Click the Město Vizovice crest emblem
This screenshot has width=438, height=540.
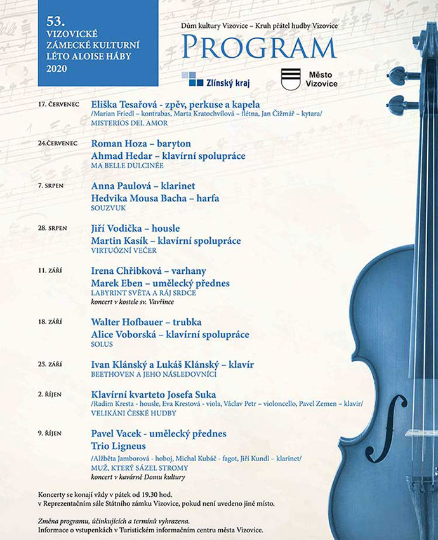pyautogui.click(x=291, y=79)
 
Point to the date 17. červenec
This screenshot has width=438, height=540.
pyautogui.click(x=58, y=104)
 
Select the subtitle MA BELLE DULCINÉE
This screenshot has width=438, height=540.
pyautogui.click(x=128, y=166)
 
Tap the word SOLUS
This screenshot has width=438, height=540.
pyautogui.click(x=102, y=344)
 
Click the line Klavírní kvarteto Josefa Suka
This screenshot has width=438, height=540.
pyautogui.click(x=154, y=395)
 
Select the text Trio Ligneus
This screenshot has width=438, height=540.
pyautogui.click(x=119, y=446)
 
